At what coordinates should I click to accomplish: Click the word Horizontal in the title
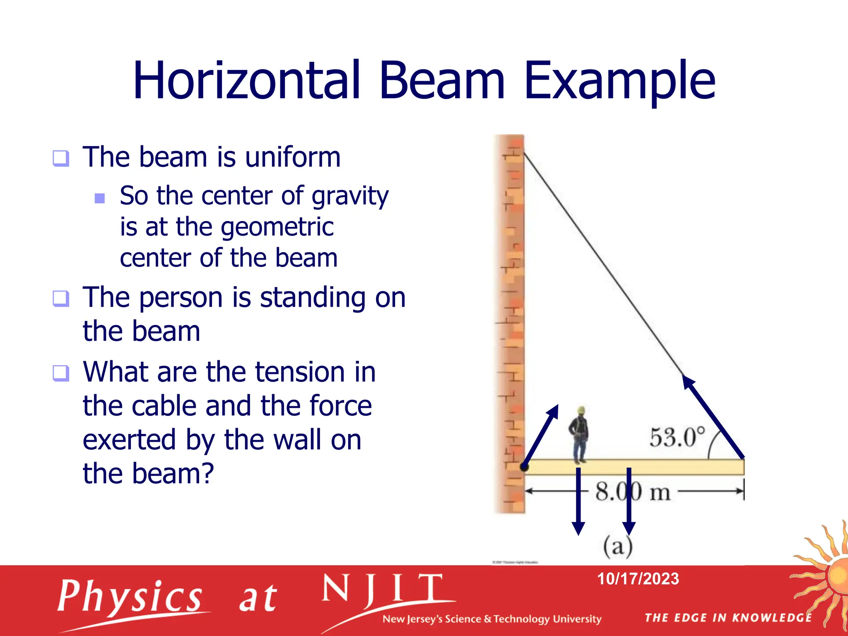coord(246,81)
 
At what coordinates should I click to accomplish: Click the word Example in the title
coord(619,81)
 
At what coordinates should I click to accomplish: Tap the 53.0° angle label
coord(677,438)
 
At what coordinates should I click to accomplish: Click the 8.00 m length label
coord(633,492)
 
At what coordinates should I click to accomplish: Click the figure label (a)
coord(618,547)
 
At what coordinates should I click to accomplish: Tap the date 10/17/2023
coord(638,579)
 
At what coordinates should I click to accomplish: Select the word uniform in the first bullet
coord(293,157)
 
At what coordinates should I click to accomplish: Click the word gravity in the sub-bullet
coord(350,196)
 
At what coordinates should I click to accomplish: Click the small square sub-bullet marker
coord(100,198)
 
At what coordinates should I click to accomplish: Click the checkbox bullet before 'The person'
coord(61,299)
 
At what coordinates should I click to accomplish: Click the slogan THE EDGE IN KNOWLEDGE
coord(728,618)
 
